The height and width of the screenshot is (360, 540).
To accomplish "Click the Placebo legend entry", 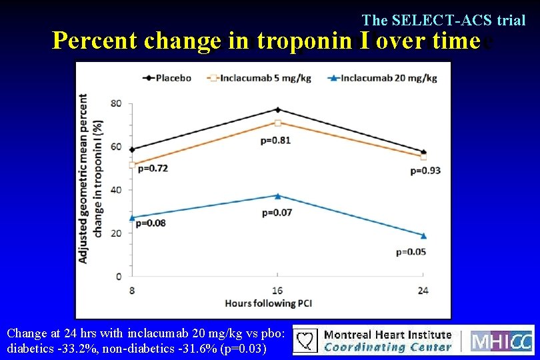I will (x=167, y=78).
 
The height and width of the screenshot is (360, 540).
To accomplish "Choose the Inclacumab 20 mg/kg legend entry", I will (x=383, y=78).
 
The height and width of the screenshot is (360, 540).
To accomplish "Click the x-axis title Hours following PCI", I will (x=269, y=303).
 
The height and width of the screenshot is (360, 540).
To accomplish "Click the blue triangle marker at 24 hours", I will (x=423, y=235).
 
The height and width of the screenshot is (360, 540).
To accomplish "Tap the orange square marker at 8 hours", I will (x=132, y=165).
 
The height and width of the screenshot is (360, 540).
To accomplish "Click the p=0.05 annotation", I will (x=411, y=252).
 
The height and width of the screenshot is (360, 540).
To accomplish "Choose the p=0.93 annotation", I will (x=425, y=171).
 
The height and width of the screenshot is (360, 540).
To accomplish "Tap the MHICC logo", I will (x=502, y=341).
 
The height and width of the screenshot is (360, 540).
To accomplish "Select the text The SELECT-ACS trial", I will (x=443, y=20).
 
